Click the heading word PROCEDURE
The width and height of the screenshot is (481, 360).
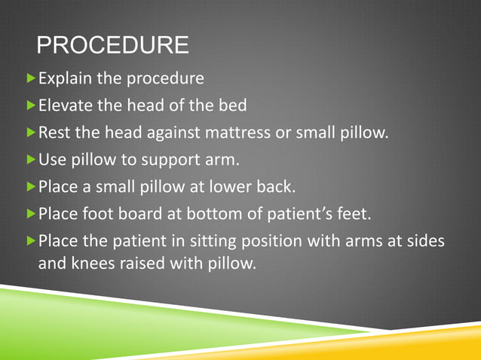(112, 45)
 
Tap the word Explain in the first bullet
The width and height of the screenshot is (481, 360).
(63, 78)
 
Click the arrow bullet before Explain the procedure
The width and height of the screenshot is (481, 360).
(31, 78)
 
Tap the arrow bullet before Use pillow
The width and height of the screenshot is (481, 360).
(31, 160)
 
